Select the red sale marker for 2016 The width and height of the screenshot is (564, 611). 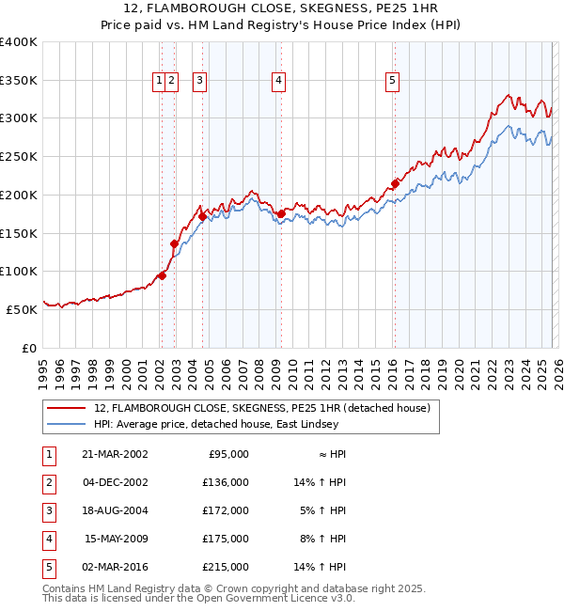(395, 184)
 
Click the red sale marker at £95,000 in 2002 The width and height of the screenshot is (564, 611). (163, 275)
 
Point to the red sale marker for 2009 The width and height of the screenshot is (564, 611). (281, 214)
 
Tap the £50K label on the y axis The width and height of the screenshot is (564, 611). (23, 309)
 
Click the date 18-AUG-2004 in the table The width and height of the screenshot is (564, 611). (116, 510)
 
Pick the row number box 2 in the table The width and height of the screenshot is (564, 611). (47, 482)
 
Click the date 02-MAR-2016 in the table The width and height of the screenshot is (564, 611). (116, 567)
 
